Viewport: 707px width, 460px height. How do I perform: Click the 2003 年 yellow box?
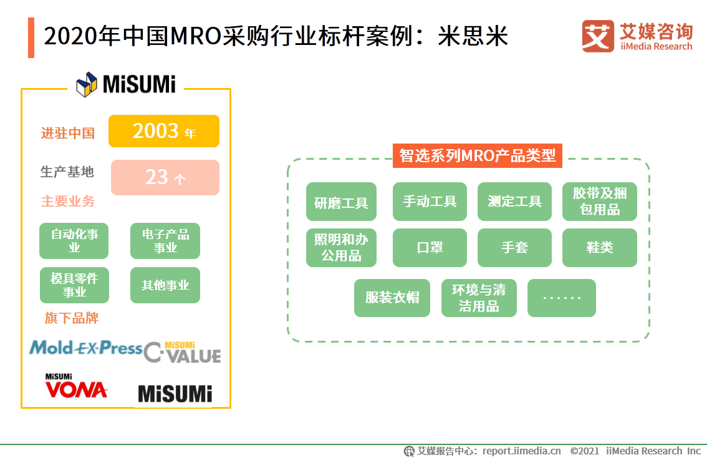tap(164, 131)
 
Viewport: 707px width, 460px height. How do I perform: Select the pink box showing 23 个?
tap(165, 177)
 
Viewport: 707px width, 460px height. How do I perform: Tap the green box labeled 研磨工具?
tap(341, 202)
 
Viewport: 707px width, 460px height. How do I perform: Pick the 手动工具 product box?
tap(430, 202)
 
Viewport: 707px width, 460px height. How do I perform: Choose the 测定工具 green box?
tap(514, 202)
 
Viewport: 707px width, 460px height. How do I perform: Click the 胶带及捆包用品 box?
tap(599, 202)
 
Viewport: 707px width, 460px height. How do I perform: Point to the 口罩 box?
tap(430, 248)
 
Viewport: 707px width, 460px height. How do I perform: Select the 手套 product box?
tap(514, 248)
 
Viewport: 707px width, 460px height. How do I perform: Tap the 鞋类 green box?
tap(599, 248)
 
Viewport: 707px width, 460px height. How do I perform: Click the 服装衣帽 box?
tap(392, 298)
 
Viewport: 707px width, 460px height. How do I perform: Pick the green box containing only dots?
tap(561, 298)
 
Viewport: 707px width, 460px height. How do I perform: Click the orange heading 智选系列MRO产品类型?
tap(477, 155)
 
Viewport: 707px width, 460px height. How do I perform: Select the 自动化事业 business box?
tap(74, 241)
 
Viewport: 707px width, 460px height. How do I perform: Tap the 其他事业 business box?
tap(165, 285)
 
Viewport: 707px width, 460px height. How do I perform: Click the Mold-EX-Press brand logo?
tap(86, 348)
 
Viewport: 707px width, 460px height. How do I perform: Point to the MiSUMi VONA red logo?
tap(75, 386)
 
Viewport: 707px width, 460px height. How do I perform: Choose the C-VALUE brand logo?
tap(183, 353)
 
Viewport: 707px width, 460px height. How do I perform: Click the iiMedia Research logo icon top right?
tap(598, 37)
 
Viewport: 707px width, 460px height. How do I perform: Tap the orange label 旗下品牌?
tap(71, 318)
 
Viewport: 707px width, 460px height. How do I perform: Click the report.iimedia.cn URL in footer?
tap(522, 451)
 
